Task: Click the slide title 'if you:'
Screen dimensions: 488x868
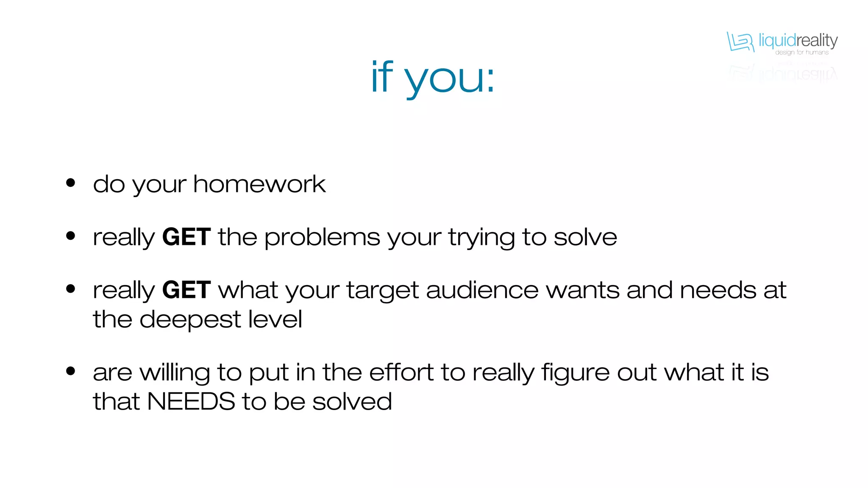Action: [433, 78]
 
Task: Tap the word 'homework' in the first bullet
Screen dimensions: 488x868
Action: [259, 184]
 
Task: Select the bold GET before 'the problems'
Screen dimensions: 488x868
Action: [186, 237]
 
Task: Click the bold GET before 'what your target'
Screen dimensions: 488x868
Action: [186, 290]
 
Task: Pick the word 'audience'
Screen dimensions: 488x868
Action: [482, 290]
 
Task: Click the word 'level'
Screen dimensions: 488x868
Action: [275, 319]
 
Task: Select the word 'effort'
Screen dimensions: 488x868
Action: [401, 372]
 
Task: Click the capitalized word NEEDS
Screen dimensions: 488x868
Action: [191, 401]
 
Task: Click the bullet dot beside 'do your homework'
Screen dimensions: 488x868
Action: [71, 183]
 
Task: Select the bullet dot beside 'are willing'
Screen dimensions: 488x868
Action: [71, 372]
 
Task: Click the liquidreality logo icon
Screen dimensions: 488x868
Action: [740, 42]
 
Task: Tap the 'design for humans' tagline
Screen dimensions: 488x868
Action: [801, 53]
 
